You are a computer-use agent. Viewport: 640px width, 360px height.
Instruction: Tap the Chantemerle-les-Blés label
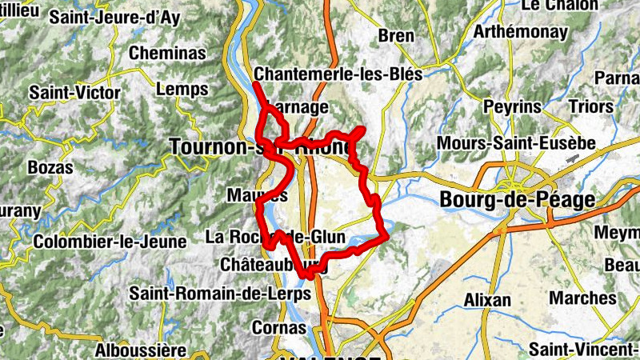[338, 73]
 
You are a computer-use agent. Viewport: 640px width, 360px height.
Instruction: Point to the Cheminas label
[168, 53]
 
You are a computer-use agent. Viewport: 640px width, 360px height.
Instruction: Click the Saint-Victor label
[75, 92]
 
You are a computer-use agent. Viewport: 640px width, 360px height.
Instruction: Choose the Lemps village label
[182, 89]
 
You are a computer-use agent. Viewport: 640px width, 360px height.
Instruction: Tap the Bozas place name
[50, 168]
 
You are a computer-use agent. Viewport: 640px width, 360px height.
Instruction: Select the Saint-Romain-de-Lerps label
[220, 294]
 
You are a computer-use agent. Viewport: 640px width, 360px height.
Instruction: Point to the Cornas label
[278, 327]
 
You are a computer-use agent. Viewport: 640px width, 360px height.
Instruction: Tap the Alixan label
[487, 300]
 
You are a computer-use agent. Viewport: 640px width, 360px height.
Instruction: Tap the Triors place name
[590, 106]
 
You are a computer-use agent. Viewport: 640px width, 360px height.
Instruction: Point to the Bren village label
[396, 35]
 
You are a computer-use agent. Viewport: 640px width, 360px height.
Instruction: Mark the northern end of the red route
[255, 83]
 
